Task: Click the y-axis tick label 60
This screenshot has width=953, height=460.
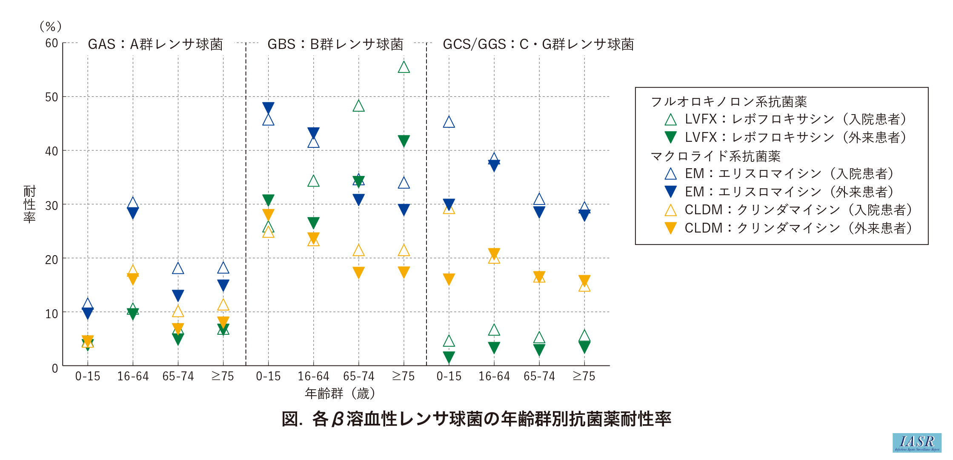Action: coord(52,43)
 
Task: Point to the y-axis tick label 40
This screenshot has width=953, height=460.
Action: coord(52,151)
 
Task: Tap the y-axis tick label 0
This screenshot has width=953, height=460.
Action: coord(55,368)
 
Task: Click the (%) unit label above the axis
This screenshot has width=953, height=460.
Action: coord(51,27)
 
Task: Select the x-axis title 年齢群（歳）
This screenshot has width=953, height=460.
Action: coord(340,393)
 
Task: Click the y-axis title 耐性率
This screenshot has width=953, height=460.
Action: coord(29,204)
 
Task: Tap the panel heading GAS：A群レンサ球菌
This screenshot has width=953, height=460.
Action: coord(155,44)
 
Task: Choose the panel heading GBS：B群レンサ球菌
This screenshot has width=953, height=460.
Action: coord(335,44)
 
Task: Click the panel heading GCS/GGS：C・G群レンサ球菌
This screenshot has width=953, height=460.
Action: coord(538,44)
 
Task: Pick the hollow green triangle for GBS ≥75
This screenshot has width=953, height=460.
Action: coord(404,67)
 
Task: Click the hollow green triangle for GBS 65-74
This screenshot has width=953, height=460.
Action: coord(358,106)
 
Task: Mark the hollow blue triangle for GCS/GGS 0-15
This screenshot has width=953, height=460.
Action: coord(449,122)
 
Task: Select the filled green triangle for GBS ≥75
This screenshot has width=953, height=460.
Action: coord(404,141)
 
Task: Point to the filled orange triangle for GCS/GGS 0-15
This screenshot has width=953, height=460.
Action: coord(449,279)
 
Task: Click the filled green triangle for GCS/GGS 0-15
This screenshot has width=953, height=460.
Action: coord(449,357)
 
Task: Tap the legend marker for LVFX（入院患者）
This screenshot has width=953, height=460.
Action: coord(670,120)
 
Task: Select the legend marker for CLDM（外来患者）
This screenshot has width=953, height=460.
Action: coord(670,228)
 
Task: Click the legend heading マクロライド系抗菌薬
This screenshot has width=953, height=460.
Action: coord(715,156)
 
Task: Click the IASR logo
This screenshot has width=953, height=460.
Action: coord(917,443)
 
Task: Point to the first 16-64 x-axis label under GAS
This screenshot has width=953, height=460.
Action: coord(133,377)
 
